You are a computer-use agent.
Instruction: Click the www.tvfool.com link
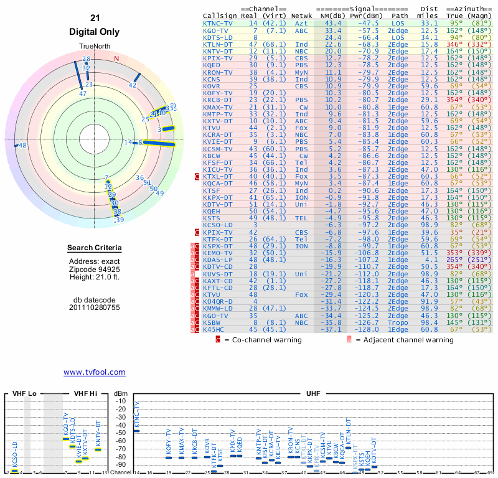[x=94, y=372]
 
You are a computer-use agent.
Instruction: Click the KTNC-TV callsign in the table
[x=218, y=23]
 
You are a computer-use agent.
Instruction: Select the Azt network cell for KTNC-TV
[x=301, y=23]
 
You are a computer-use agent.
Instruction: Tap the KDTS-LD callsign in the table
[x=218, y=37]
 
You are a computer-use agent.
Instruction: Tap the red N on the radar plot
[x=116, y=59]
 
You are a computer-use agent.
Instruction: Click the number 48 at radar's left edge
[x=22, y=146]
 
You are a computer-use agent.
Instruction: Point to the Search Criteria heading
[x=94, y=248]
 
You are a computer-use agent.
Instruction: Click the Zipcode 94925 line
[x=94, y=268]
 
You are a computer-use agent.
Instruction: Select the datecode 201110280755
[x=94, y=307]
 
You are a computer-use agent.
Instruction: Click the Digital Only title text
[x=94, y=32]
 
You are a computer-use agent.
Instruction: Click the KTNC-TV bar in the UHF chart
[x=137, y=430]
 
